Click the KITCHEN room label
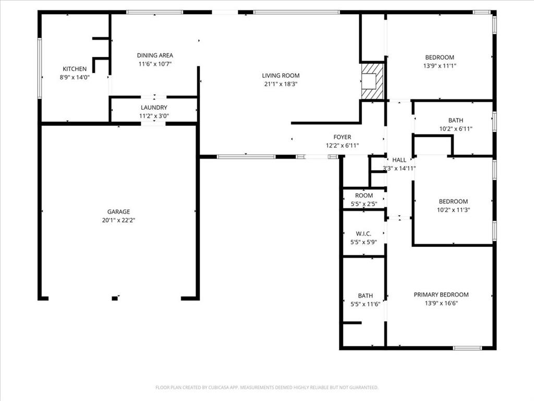click(x=75, y=69)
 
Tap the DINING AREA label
click(x=155, y=55)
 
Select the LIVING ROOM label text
click(x=281, y=76)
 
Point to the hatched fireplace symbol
click(x=372, y=80)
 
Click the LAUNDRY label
click(x=154, y=108)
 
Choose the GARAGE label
click(x=118, y=211)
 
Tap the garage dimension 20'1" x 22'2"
click(x=118, y=220)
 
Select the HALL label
click(x=399, y=160)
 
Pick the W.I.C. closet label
click(x=363, y=233)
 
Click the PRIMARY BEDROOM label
click(x=441, y=294)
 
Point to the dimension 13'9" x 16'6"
click(x=441, y=303)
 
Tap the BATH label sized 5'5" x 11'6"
click(x=365, y=296)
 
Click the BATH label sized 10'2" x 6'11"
click(x=455, y=120)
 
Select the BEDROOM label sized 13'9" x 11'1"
click(x=440, y=57)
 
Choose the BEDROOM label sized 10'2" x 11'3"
click(x=453, y=202)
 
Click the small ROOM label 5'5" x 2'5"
click(x=364, y=196)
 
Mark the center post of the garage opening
click(x=115, y=298)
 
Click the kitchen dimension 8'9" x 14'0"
click(x=75, y=77)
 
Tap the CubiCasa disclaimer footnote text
click(x=266, y=387)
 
